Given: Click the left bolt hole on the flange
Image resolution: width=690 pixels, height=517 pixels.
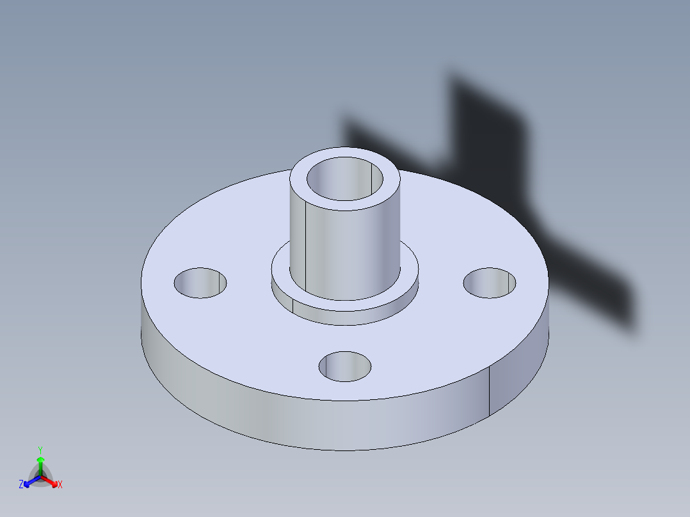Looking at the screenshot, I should tap(200, 283).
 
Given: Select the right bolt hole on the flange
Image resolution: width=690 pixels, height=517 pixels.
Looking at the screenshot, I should tap(490, 283).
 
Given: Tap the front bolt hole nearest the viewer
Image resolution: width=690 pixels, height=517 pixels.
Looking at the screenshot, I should tap(345, 366).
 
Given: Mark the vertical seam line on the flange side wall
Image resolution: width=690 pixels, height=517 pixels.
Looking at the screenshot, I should tap(490, 390).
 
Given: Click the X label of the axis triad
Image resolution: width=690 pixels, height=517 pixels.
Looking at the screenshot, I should tap(60, 485).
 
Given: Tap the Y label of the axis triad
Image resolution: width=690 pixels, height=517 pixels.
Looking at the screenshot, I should tap(40, 450).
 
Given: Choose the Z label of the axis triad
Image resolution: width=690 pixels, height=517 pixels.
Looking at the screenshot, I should tap(21, 485).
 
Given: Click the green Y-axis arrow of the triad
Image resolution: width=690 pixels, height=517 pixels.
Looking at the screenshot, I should tap(40, 463).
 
